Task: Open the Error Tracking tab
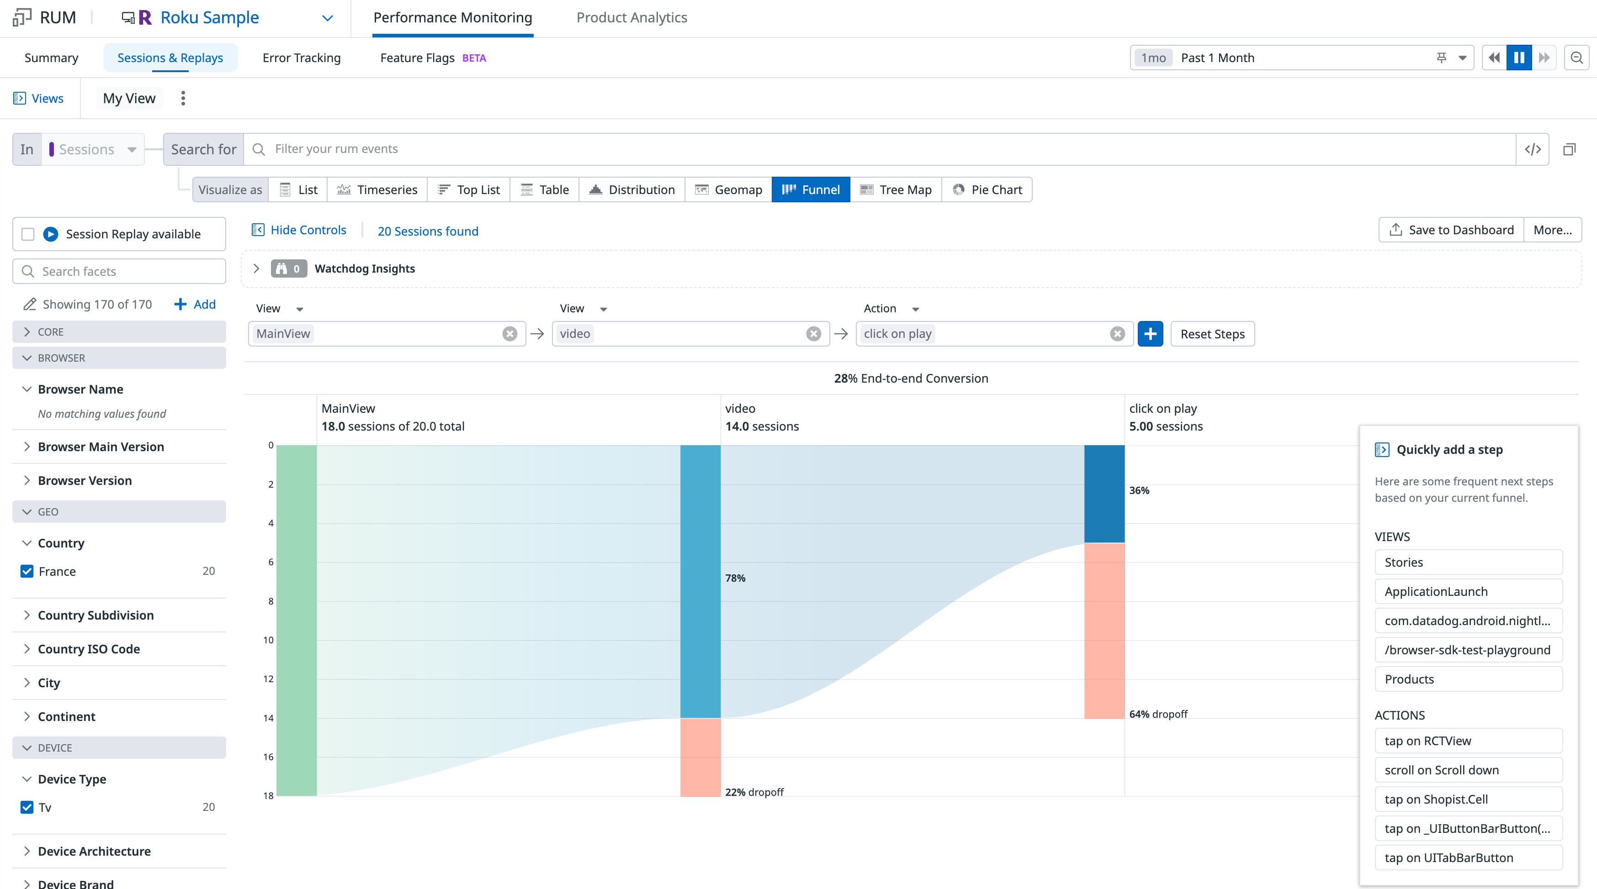coord(301,58)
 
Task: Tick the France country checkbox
coord(27,571)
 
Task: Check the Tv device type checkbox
coord(27,807)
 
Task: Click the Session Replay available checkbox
coord(28,234)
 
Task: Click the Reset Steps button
coord(1212,334)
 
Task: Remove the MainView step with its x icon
coord(509,334)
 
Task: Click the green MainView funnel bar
coord(297,620)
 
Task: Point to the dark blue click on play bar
coord(1104,494)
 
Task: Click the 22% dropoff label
coord(754,792)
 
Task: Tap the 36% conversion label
coord(1139,490)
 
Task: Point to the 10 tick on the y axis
coord(268,640)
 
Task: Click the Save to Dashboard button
coord(1451,230)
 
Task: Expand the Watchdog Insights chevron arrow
coord(256,268)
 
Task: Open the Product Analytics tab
coord(631,17)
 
